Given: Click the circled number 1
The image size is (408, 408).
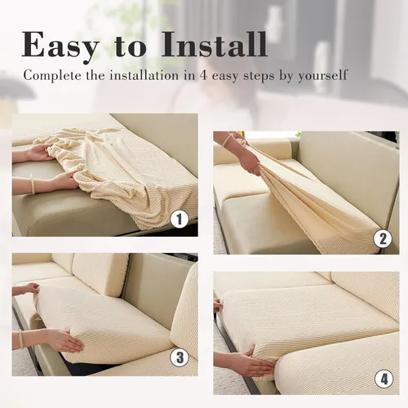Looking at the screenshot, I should (180, 219).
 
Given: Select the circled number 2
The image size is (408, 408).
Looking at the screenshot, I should (380, 239).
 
